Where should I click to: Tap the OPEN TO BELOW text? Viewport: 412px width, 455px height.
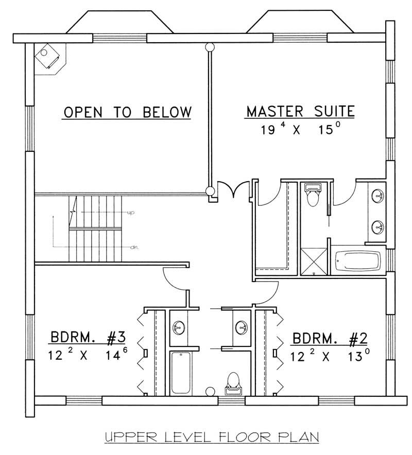(x=127, y=112)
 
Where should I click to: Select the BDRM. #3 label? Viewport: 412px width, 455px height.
(x=88, y=338)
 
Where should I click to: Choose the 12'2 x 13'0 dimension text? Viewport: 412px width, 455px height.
(x=330, y=355)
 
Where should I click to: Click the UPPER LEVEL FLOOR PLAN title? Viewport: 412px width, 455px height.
(x=212, y=437)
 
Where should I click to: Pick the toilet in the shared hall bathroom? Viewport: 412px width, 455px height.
(x=234, y=383)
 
